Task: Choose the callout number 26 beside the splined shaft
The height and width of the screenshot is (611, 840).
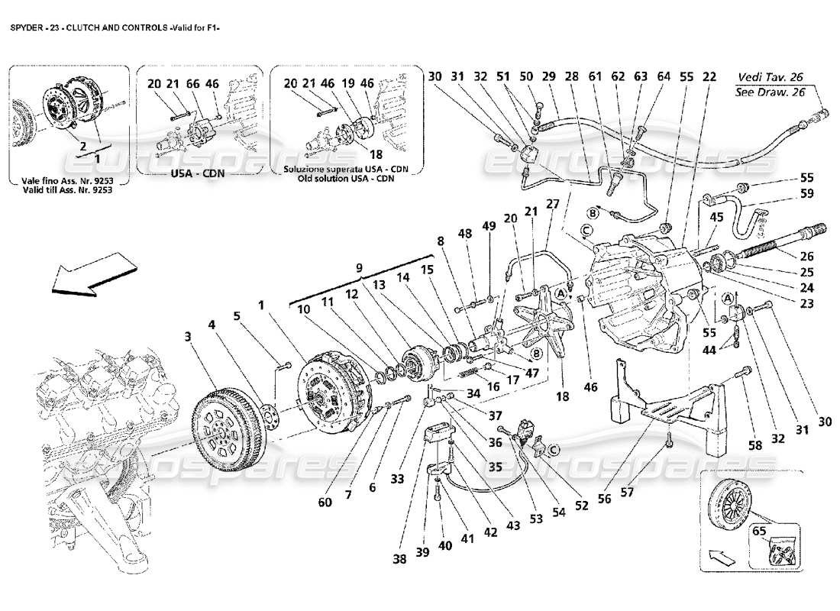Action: coord(806,257)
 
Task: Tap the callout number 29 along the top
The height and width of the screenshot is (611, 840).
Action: coord(548,77)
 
